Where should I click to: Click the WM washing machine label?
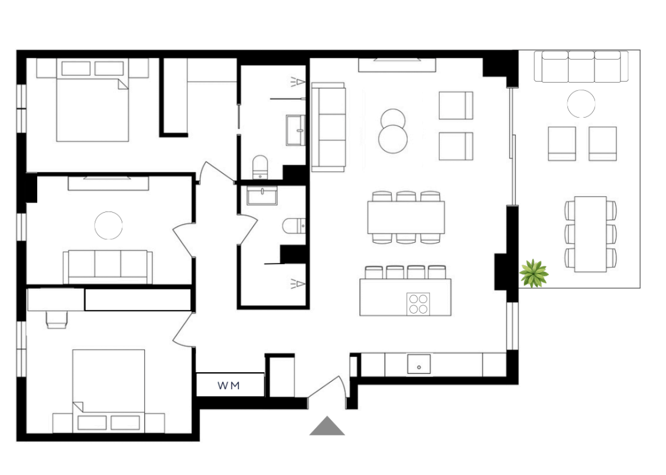point(229,385)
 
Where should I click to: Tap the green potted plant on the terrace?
point(534,274)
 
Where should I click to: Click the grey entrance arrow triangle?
point(327,426)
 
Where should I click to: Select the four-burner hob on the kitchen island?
point(418,304)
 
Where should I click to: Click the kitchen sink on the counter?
point(419,364)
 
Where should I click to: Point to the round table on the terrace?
point(581,103)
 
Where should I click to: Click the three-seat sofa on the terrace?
point(581,67)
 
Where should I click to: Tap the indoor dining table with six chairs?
point(406,217)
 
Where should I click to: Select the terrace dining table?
point(590,234)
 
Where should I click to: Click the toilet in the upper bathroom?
point(261,167)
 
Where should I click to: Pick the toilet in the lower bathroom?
point(294,226)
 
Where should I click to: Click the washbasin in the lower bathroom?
point(262,196)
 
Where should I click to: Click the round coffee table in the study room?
point(108,226)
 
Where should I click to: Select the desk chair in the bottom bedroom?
point(57,320)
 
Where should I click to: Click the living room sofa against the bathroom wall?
point(329,128)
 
